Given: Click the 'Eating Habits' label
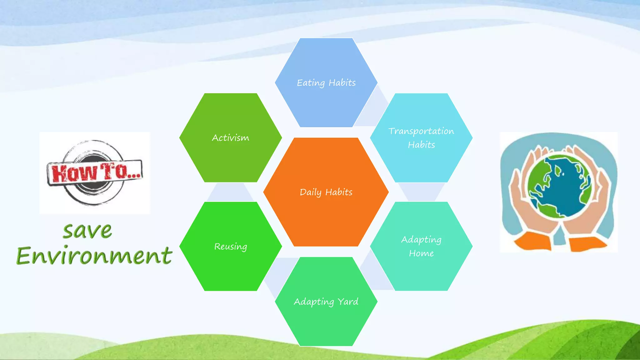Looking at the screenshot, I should click(x=326, y=83).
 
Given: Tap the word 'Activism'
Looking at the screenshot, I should click(x=230, y=138).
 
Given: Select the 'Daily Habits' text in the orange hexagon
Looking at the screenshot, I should click(x=326, y=192).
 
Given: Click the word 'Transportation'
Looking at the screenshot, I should click(x=421, y=131).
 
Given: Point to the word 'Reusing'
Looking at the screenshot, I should click(x=230, y=247).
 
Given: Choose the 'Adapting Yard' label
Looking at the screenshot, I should click(x=326, y=302).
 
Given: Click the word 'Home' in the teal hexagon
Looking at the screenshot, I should click(x=421, y=253).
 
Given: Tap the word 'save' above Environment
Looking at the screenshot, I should click(x=87, y=231).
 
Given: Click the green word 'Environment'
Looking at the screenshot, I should click(x=94, y=256).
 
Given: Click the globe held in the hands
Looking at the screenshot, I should click(x=560, y=186).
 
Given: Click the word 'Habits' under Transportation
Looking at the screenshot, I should click(x=421, y=145).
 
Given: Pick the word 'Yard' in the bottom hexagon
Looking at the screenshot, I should click(x=348, y=302).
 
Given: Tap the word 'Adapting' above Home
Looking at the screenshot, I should click(x=421, y=240).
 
